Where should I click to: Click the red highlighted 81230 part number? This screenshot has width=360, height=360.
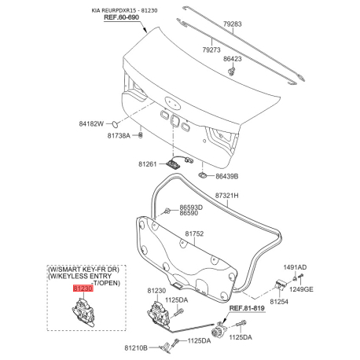83,288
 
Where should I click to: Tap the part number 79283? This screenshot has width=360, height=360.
233,24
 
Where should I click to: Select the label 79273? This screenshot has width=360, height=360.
211,50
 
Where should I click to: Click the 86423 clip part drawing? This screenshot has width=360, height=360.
231,71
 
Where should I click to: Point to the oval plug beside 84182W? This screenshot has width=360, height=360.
116,123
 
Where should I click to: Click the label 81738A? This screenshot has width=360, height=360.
119,136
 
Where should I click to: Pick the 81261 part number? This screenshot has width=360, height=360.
148,164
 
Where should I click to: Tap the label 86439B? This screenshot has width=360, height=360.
227,176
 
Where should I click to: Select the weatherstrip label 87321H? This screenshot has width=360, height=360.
227,196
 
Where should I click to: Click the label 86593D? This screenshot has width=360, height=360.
191,208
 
